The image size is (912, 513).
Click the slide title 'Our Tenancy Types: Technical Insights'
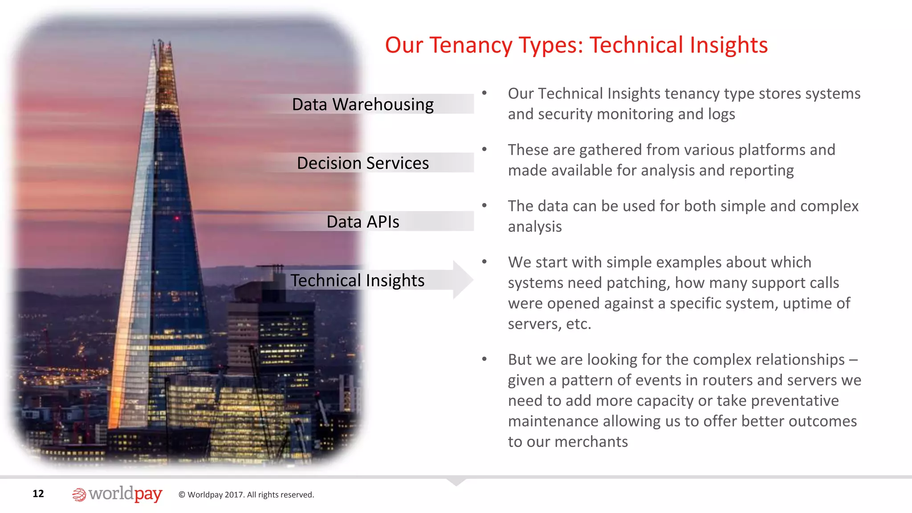click(576, 45)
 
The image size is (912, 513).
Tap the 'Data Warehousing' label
click(362, 105)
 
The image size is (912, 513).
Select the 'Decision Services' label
click(362, 163)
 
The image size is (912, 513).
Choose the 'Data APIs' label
click(362, 222)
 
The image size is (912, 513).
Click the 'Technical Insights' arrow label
click(357, 281)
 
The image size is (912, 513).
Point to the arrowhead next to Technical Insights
click(463, 280)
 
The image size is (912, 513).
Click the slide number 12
click(38, 493)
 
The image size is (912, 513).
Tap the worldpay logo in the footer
click(117, 494)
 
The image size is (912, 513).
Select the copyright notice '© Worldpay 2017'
click(246, 495)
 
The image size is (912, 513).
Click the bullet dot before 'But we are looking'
click(484, 359)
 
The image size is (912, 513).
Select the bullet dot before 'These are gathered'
click(484, 149)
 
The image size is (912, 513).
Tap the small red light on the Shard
click(177, 218)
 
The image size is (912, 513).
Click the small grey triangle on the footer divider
click(456, 482)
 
